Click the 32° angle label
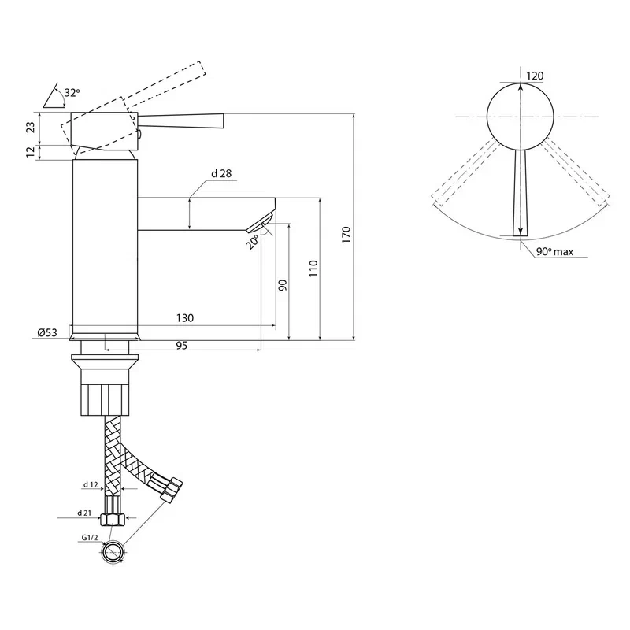click(x=72, y=92)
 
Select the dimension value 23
click(x=31, y=127)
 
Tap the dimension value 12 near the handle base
click(x=31, y=152)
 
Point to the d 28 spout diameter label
click(x=221, y=173)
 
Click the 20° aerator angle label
click(x=252, y=243)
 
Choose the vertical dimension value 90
click(x=283, y=285)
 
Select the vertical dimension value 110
click(x=313, y=269)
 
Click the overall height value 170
click(x=346, y=235)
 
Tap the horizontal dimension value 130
click(x=185, y=318)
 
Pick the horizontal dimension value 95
click(x=182, y=346)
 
